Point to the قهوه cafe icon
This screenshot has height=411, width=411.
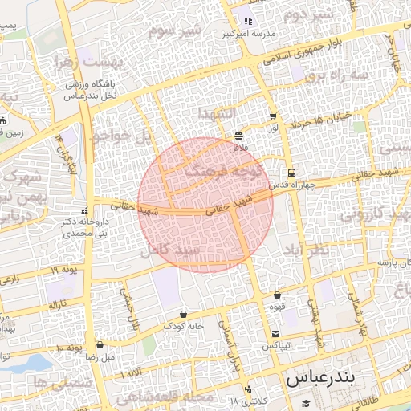tap(277, 295)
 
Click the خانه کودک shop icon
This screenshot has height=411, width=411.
tap(184, 314)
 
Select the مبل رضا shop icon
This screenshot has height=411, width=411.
tap(100, 344)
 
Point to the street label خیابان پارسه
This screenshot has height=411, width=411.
tap(383, 262)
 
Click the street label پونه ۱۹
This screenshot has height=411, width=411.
tap(63, 270)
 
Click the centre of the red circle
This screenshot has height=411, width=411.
tap(205, 205)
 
